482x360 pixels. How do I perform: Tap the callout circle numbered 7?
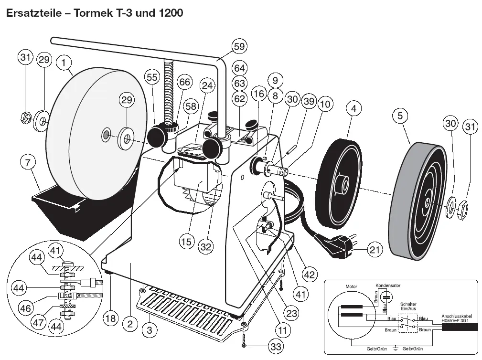pos(28,163)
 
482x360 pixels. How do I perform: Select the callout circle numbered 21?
pos(375,249)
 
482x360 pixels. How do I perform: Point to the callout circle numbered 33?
pos(276,345)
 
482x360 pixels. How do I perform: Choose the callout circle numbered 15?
pos(187,242)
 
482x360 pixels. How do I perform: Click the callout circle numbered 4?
pos(353,109)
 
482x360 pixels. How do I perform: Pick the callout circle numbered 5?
pos(401,115)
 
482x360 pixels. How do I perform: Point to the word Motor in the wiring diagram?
pos(351,287)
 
